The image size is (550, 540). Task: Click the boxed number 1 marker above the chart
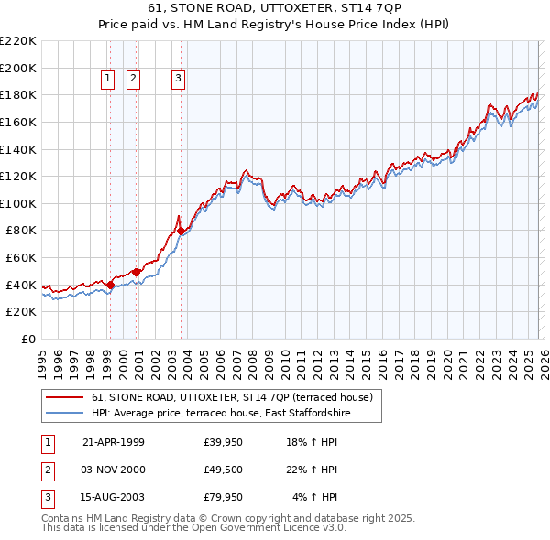coord(108,80)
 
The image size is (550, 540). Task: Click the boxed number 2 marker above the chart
coord(134,80)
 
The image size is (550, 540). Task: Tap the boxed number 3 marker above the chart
coord(178,80)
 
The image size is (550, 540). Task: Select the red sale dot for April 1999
coord(110,285)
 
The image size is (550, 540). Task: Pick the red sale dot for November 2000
coord(136,272)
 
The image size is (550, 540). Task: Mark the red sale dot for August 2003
coord(181,231)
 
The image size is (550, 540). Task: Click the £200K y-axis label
coord(18,68)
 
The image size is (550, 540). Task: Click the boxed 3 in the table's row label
coord(45,497)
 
